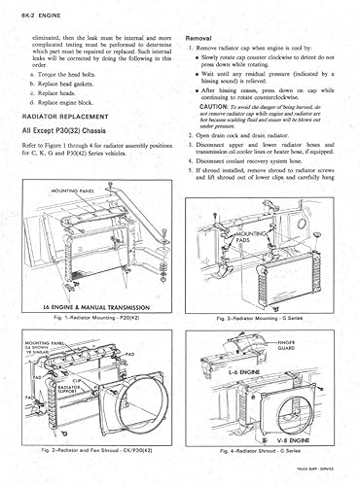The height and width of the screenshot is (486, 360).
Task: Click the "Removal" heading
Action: point(200,37)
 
